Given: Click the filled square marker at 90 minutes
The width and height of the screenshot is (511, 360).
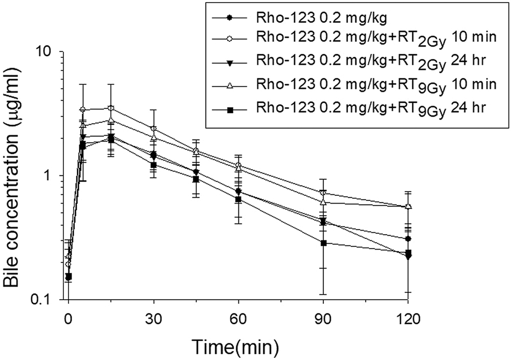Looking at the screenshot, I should click(323, 243).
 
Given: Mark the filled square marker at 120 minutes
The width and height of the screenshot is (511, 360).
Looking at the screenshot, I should click(408, 253).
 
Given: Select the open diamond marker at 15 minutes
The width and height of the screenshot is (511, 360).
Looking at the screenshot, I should click(110, 108).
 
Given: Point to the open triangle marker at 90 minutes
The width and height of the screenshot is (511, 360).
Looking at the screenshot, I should click(323, 202).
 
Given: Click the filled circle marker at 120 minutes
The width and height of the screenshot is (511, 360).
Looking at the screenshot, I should click(408, 239).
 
